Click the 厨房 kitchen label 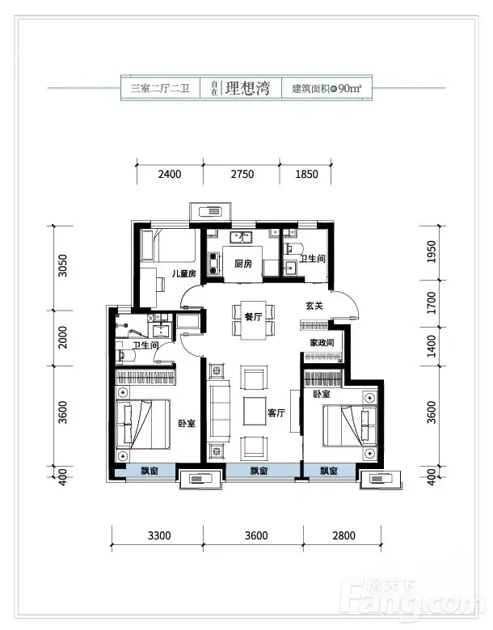243,264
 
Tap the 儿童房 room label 184,274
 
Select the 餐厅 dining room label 253,316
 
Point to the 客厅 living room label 276,412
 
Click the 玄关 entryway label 314,306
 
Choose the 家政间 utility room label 322,343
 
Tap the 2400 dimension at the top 170,175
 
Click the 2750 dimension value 242,175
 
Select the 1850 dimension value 306,175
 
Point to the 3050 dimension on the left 63,265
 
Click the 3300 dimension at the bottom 159,535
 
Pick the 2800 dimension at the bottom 344,535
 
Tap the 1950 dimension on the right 432,252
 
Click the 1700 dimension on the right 432,303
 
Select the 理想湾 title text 247,88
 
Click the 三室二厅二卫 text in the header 160,88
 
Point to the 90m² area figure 350,88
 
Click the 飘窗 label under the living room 259,471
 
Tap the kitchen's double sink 241,237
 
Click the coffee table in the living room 255,411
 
